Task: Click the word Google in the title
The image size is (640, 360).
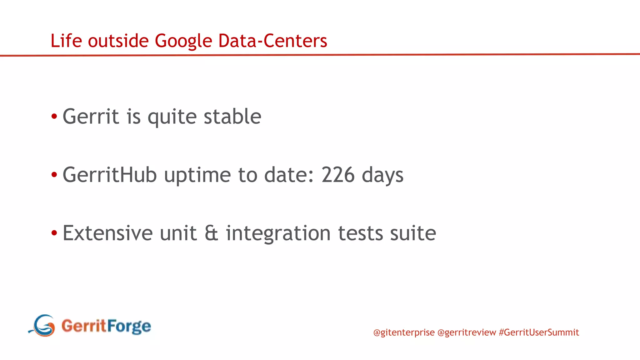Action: pos(183,41)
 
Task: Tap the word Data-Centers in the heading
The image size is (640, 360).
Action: pos(272,41)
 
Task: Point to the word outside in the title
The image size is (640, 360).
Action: pos(118,41)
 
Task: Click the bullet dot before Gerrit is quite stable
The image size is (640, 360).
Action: pos(54,117)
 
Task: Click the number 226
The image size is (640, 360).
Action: pos(338,175)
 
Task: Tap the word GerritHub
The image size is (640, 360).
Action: pos(109,175)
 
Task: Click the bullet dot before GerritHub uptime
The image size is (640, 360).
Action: pos(54,175)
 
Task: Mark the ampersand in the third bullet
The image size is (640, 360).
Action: pos(211,233)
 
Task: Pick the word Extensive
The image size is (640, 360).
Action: pos(107,233)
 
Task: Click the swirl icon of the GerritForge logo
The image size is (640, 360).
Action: pos(43,326)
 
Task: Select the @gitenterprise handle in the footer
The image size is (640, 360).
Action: pos(404,332)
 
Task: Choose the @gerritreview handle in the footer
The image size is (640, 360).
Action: pos(467,332)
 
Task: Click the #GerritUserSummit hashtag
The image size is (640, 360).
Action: pos(539,332)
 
